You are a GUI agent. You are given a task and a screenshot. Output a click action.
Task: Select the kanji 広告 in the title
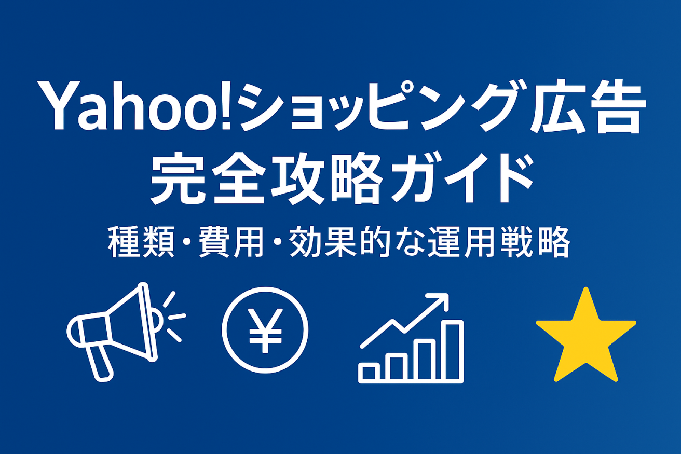(588, 106)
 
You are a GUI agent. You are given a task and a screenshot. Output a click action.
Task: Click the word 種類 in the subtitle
(141, 242)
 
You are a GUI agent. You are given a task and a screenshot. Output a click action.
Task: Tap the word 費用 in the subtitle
(231, 242)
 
